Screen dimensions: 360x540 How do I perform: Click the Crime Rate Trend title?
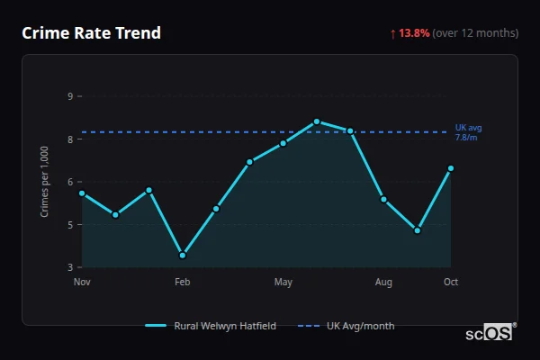click(x=91, y=33)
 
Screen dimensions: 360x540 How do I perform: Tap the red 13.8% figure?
click(x=415, y=33)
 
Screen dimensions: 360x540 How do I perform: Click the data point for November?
click(x=82, y=193)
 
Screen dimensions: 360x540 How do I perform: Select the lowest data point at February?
click(x=183, y=255)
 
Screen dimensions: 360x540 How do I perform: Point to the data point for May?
click(x=283, y=143)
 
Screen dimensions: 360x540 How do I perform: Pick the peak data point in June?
click(x=317, y=121)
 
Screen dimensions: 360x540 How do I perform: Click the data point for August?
click(x=383, y=199)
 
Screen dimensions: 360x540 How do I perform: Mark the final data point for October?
click(x=451, y=168)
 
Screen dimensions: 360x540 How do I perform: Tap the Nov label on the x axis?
click(x=82, y=283)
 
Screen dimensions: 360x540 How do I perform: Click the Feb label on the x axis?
click(x=183, y=283)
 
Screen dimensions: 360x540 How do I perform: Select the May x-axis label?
click(x=283, y=283)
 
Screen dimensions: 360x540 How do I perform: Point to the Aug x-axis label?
click(x=383, y=283)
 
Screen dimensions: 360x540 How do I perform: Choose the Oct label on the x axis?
click(x=451, y=283)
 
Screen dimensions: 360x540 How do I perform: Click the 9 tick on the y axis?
click(x=70, y=95)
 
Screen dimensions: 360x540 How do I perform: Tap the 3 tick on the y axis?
click(x=70, y=267)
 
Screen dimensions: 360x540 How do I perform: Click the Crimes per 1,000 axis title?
click(x=44, y=181)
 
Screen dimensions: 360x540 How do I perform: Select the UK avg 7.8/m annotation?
click(x=468, y=133)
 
